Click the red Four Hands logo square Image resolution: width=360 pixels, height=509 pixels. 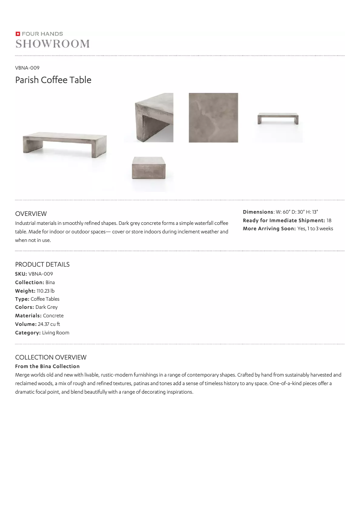click(18, 34)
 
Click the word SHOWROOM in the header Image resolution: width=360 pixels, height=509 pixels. click(53, 44)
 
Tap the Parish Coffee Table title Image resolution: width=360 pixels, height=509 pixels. click(53, 80)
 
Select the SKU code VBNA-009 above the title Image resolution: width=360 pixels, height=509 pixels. click(27, 68)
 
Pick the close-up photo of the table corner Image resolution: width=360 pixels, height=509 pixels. click(154, 118)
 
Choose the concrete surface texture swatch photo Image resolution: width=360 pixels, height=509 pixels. click(213, 118)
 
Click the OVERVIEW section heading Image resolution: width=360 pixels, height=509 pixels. click(31, 214)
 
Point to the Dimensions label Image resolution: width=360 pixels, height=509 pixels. click(258, 212)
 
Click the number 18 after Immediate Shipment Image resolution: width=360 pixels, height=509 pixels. click(329, 220)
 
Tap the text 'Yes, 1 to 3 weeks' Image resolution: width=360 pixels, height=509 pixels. click(315, 229)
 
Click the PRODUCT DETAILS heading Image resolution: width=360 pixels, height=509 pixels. click(42, 264)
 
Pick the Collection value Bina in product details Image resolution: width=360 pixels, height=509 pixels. click(50, 282)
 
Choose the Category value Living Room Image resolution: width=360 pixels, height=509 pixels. click(56, 333)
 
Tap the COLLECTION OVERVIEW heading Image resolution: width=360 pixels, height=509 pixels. click(51, 357)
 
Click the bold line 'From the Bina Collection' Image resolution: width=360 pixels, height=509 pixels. click(47, 366)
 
